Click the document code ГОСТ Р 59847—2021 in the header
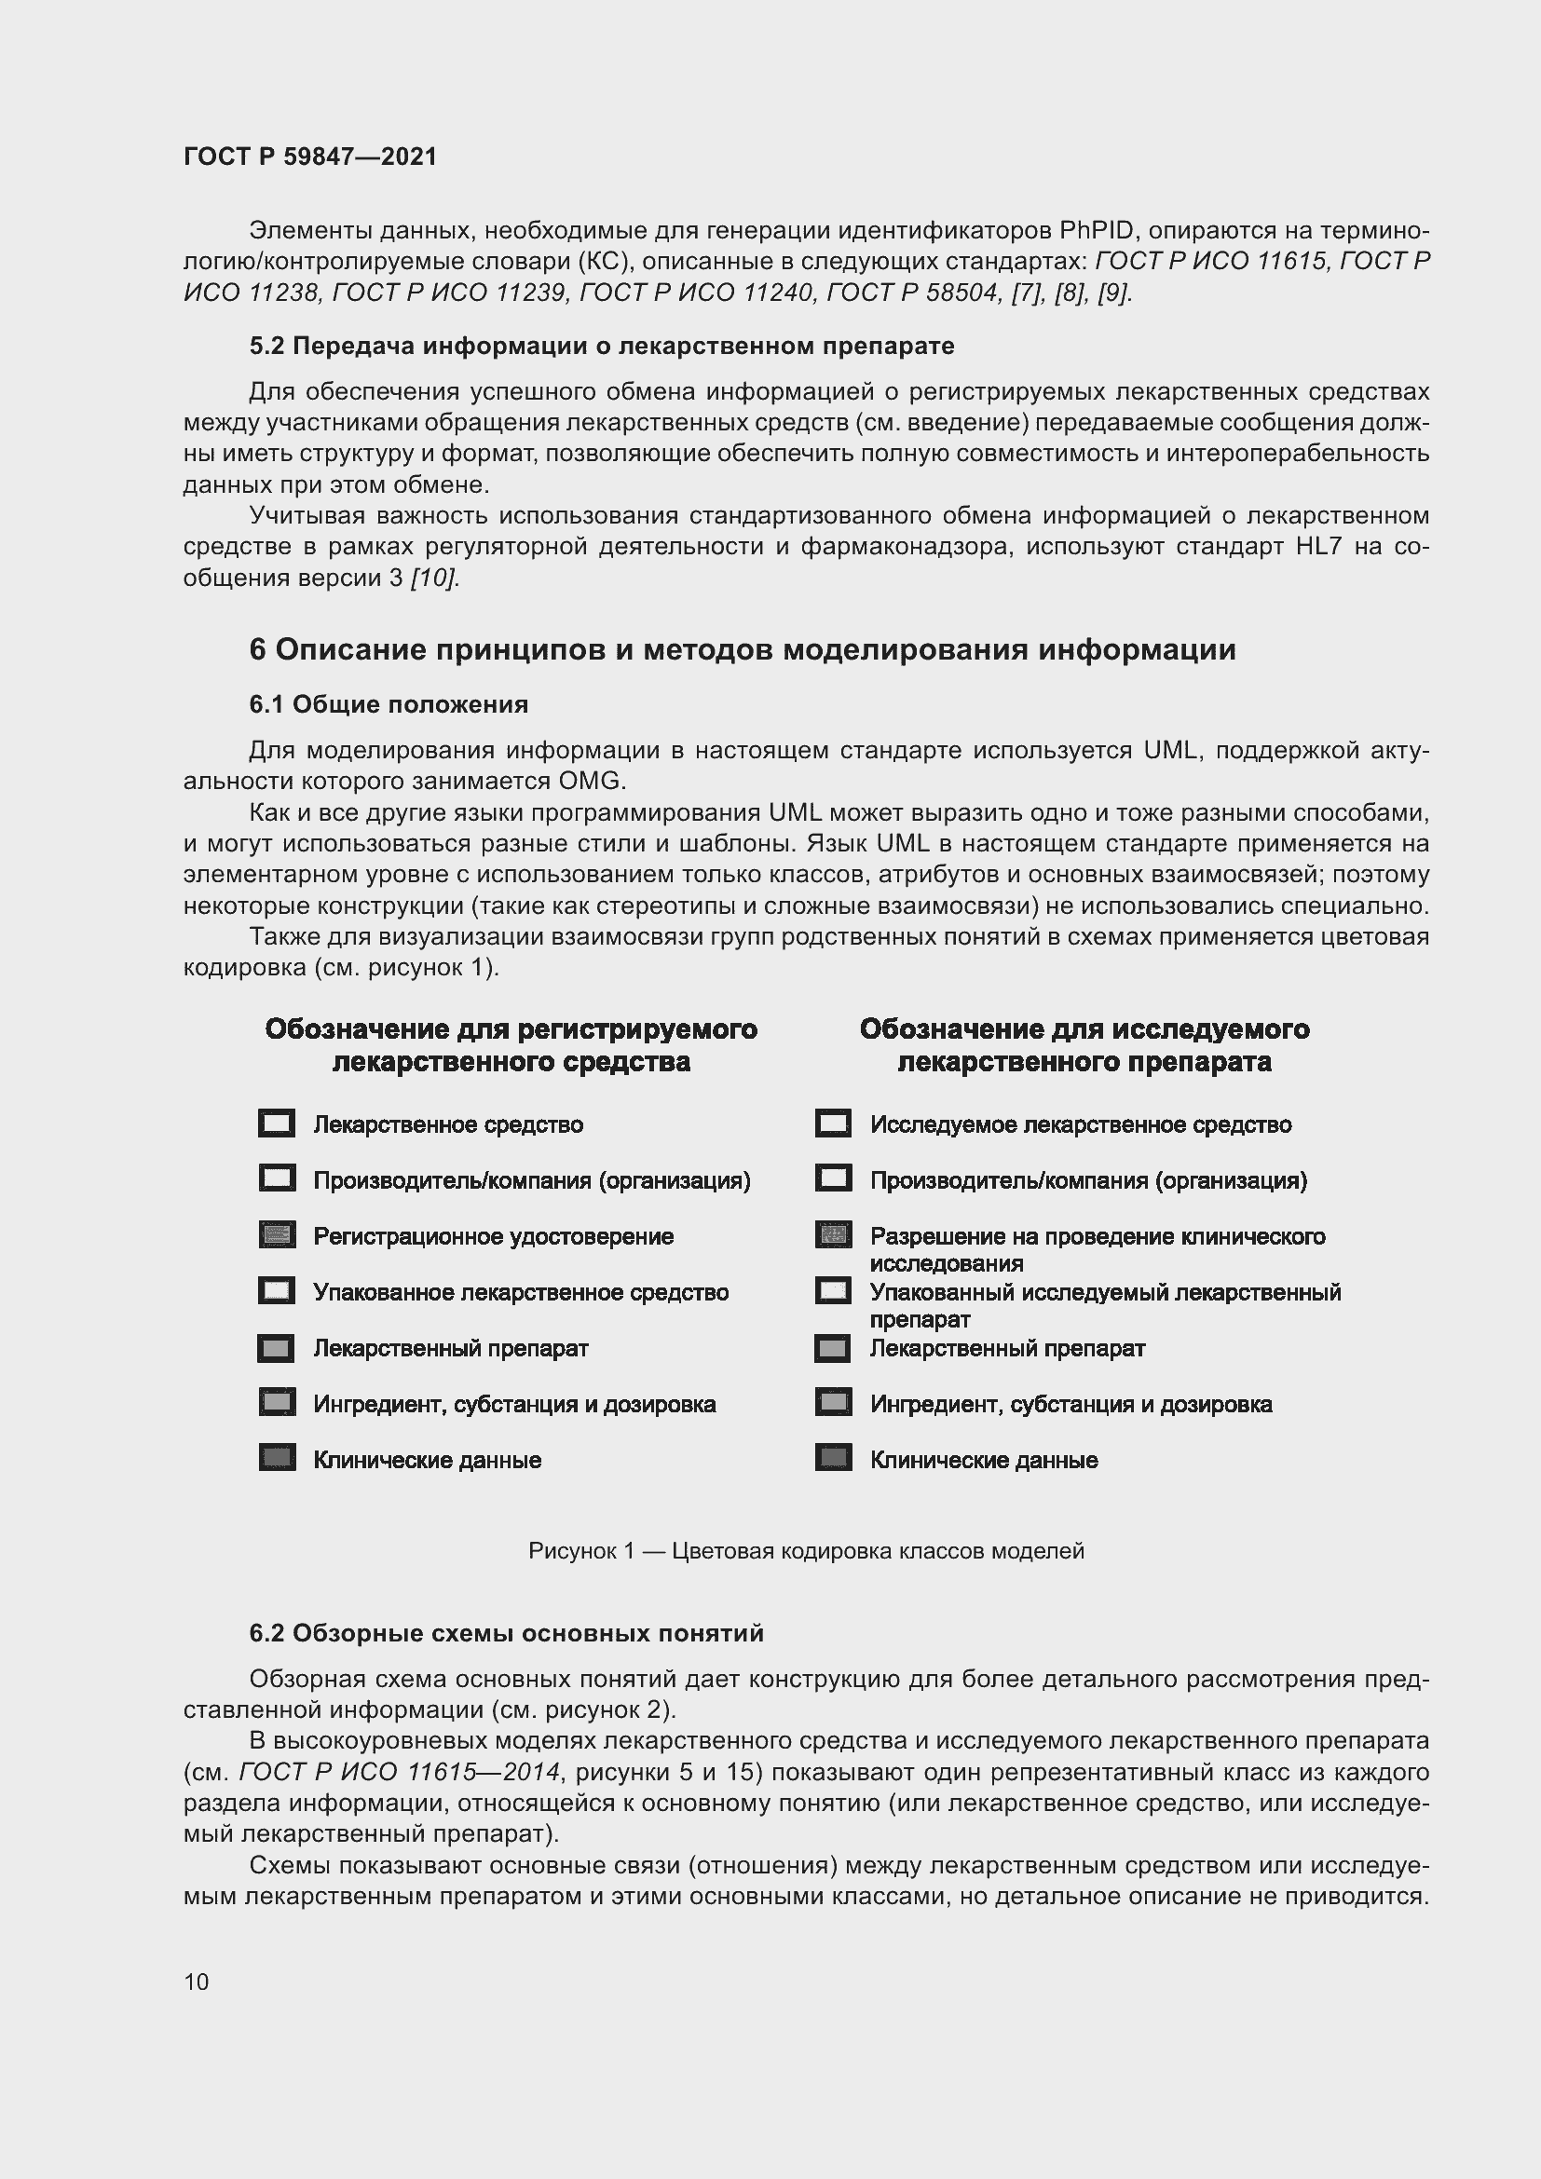pyautogui.click(x=310, y=157)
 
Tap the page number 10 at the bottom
pyautogui.click(x=197, y=1982)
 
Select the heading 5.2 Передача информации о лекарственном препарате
pyautogui.click(x=602, y=347)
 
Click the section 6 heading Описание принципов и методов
pyautogui.click(x=742, y=650)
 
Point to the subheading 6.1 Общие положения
pyautogui.click(x=389, y=704)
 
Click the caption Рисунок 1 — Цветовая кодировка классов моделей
pyautogui.click(x=806, y=1551)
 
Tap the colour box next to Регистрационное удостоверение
pyautogui.click(x=276, y=1235)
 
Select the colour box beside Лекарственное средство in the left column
pyautogui.click(x=276, y=1124)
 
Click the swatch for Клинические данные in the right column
pyautogui.click(x=833, y=1459)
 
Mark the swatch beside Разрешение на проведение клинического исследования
pyautogui.click(x=833, y=1235)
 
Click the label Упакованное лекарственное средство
pyautogui.click(x=521, y=1293)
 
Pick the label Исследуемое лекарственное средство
pyautogui.click(x=1081, y=1124)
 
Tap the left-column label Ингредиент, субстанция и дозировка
pyautogui.click(x=514, y=1405)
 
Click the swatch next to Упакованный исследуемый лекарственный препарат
pyautogui.click(x=833, y=1291)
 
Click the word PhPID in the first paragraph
pyautogui.click(x=1097, y=231)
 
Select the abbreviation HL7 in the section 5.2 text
pyautogui.click(x=1319, y=547)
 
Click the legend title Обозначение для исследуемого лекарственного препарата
pyautogui.click(x=1084, y=1045)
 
